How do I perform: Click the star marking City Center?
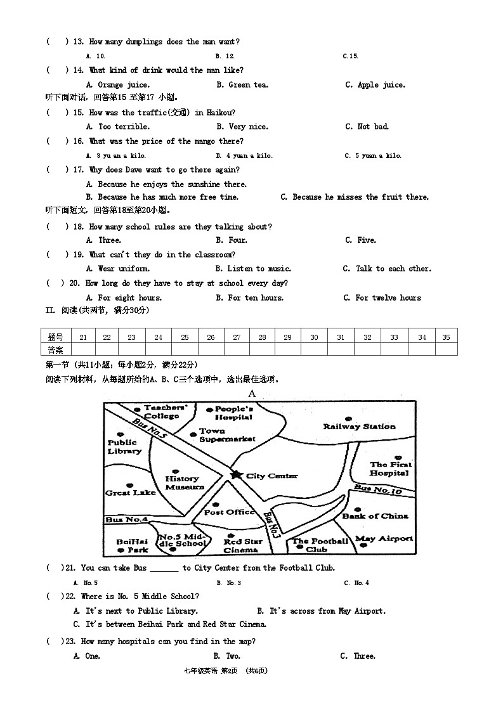(236, 475)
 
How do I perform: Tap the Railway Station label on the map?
(359, 427)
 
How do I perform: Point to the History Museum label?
(185, 483)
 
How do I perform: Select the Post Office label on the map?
(230, 512)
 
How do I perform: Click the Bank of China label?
(376, 516)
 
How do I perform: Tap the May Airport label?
(384, 539)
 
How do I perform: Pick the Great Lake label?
(131, 493)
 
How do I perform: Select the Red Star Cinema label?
(243, 546)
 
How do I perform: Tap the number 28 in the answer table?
(262, 337)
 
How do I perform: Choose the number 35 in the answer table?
(446, 337)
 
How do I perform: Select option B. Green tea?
(242, 85)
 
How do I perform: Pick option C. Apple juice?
(375, 85)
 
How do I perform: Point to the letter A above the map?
(252, 394)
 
